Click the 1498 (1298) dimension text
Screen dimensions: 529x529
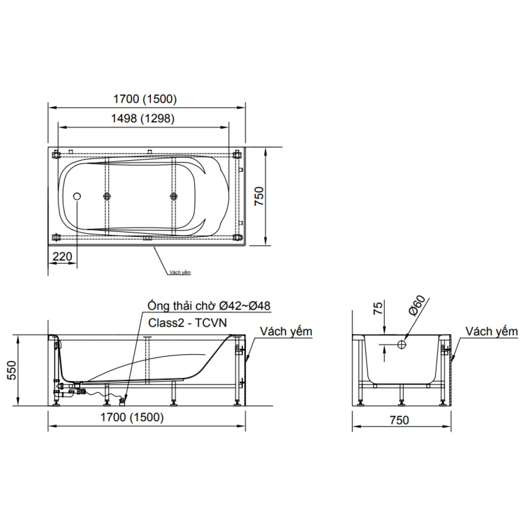[x=144, y=118]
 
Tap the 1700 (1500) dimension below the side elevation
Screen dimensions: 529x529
[x=132, y=416]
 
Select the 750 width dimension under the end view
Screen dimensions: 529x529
[x=399, y=420]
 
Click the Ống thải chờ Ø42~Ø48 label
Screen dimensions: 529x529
[x=209, y=305]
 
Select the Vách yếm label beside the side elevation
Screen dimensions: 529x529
[x=286, y=331]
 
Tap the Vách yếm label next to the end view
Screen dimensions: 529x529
[x=492, y=331]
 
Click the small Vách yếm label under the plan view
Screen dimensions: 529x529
[x=180, y=273]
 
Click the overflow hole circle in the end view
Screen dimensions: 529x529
[x=401, y=344]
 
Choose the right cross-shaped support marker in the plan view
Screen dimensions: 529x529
[x=173, y=196]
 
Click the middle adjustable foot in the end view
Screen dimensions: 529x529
[x=401, y=401]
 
